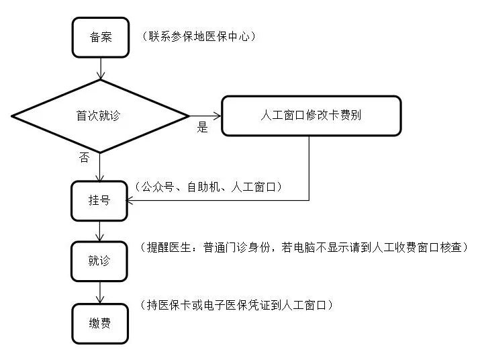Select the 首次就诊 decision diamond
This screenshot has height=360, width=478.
point(99,116)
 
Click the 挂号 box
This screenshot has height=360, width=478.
point(99,201)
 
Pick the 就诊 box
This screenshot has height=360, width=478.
point(99,261)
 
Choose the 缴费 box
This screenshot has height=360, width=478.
point(99,324)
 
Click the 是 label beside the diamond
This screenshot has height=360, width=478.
point(203,128)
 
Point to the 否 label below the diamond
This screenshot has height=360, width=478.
point(84,158)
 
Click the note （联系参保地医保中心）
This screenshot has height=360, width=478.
point(199,37)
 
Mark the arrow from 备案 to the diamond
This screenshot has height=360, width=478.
point(99,68)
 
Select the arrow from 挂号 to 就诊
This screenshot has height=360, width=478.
point(99,231)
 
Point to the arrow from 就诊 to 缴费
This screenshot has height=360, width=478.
point(99,292)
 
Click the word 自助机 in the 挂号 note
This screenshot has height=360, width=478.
point(203,187)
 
